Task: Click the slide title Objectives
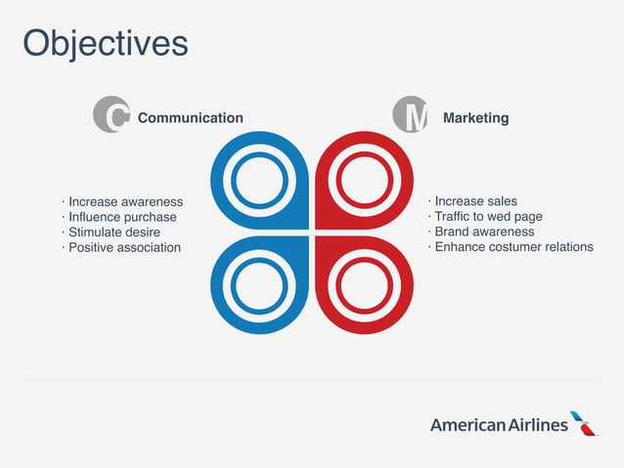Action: point(105,43)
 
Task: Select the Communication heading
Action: point(190,118)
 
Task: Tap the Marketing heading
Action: point(475,118)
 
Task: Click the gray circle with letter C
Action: point(111,115)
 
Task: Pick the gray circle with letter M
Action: point(411,115)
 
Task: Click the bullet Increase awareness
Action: point(124,202)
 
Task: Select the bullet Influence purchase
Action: point(121,217)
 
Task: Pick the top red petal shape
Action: point(365,180)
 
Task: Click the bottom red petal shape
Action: point(365,285)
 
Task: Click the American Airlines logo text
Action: point(499,425)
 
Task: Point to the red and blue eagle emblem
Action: point(584,423)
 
